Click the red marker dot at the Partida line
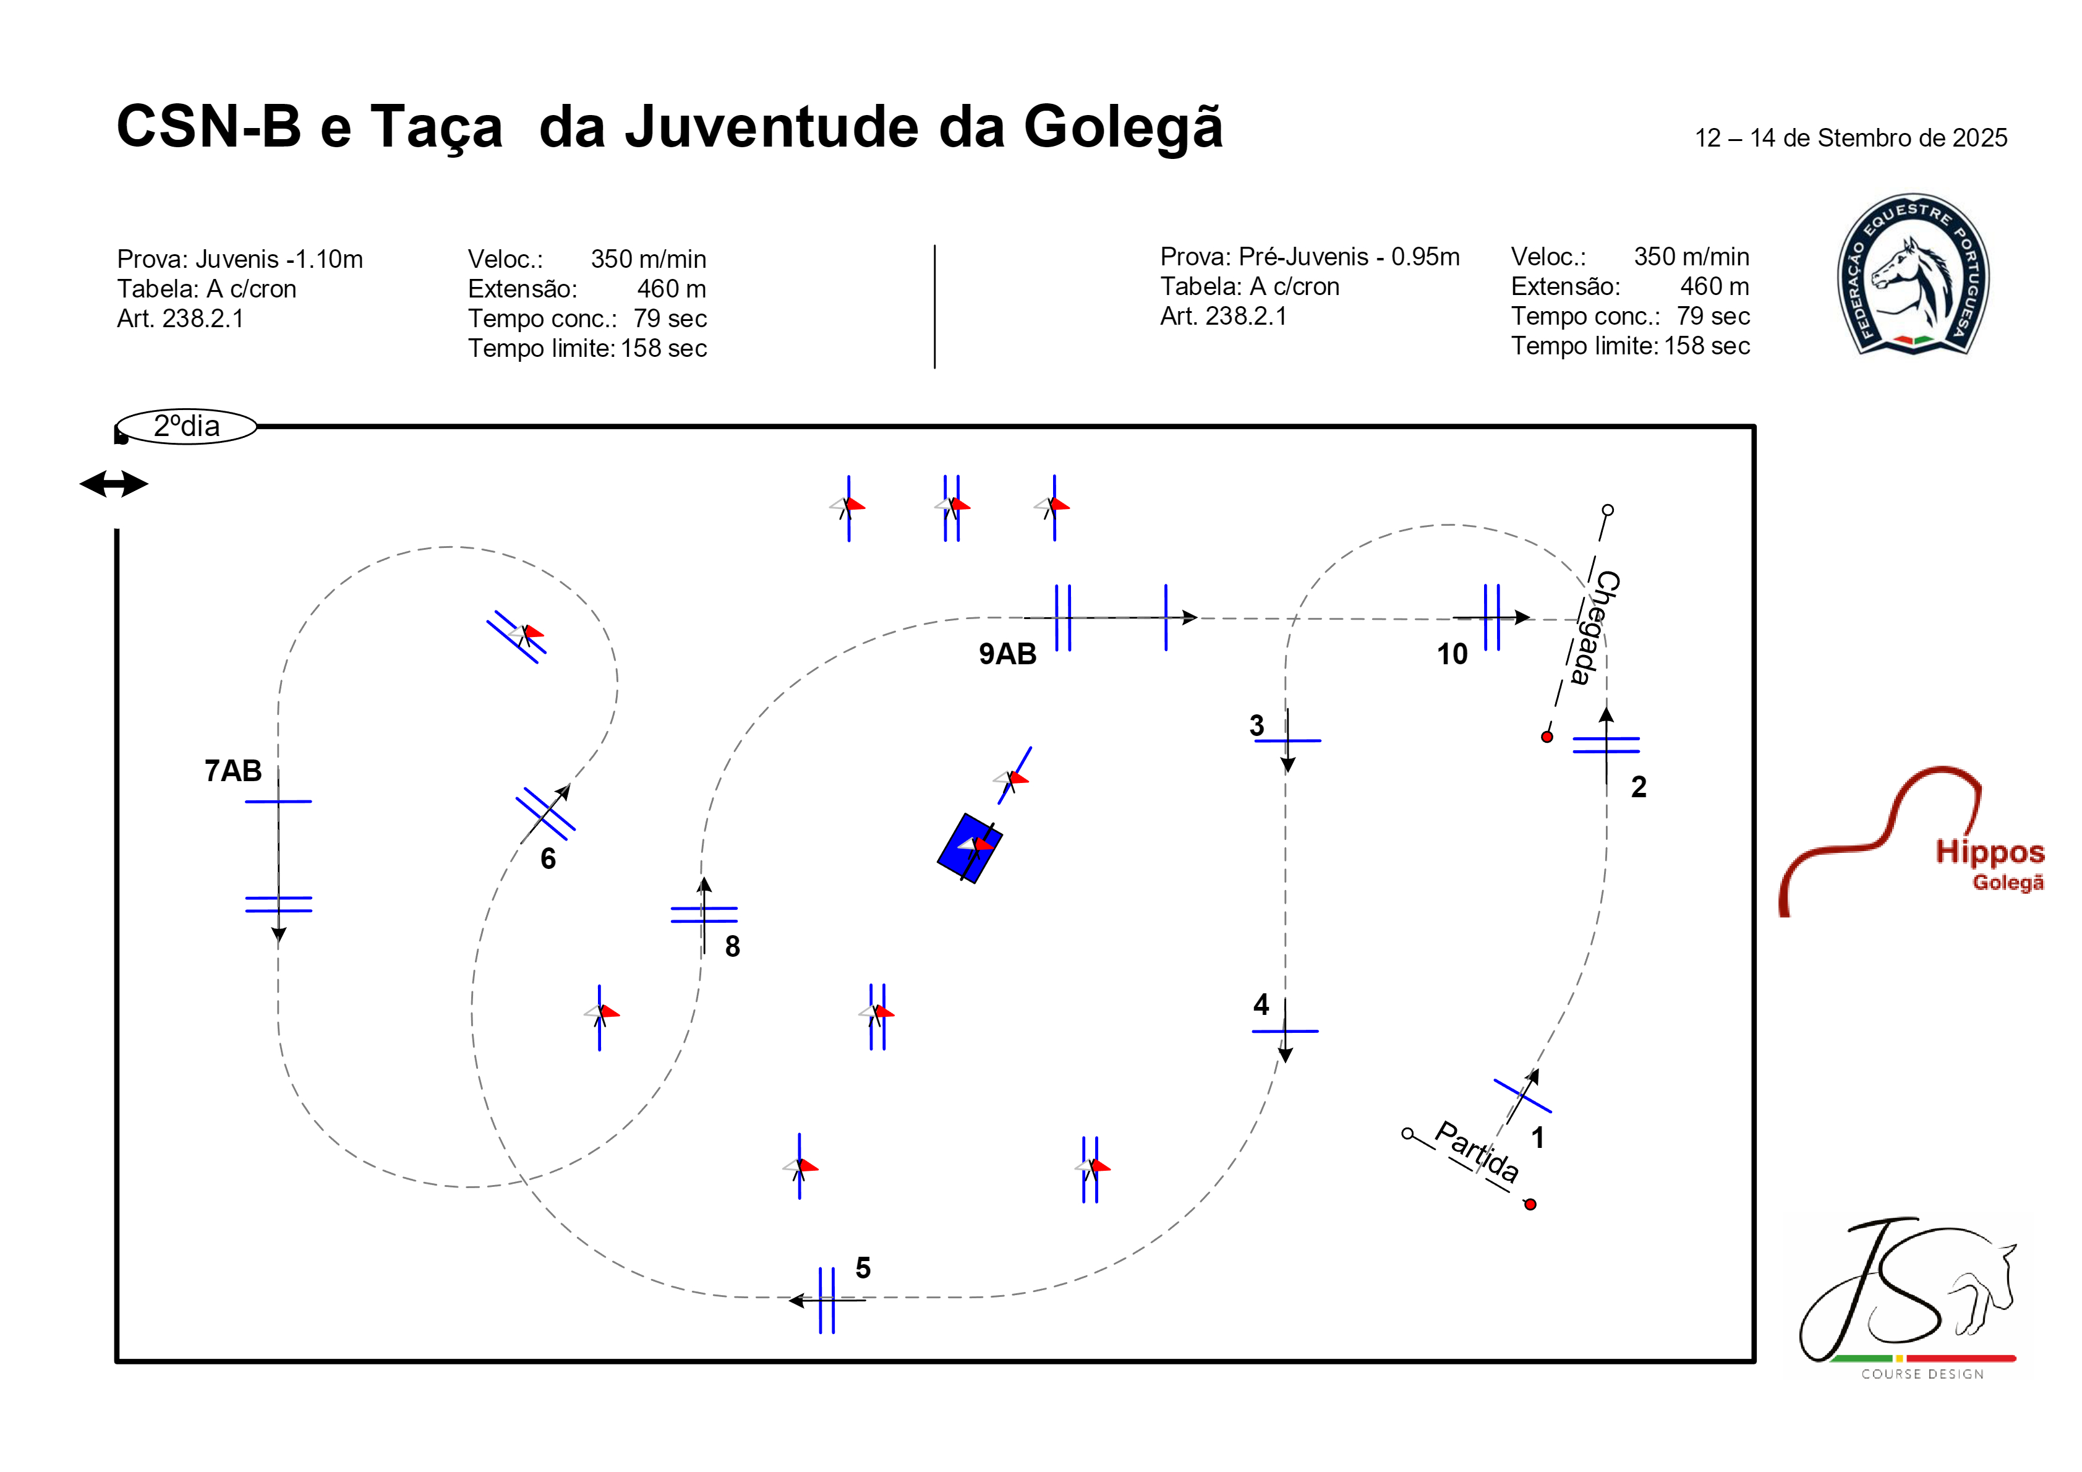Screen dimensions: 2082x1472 (1530, 1204)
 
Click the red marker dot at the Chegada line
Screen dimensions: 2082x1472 (1547, 737)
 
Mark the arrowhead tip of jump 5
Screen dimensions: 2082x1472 (789, 1301)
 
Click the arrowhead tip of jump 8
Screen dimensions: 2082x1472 (704, 877)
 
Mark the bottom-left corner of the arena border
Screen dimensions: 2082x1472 (117, 1361)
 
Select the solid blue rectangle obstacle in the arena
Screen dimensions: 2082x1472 (970, 848)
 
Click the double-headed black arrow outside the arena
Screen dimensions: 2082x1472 (114, 484)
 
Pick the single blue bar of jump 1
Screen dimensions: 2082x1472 (1522, 1095)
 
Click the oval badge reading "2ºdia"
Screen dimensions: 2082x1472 (187, 426)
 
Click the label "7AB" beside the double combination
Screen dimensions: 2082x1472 (233, 771)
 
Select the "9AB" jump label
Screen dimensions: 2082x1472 (1007, 654)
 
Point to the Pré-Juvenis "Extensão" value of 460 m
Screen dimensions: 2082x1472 (1715, 286)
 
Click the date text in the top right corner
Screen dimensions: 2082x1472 (1852, 138)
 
